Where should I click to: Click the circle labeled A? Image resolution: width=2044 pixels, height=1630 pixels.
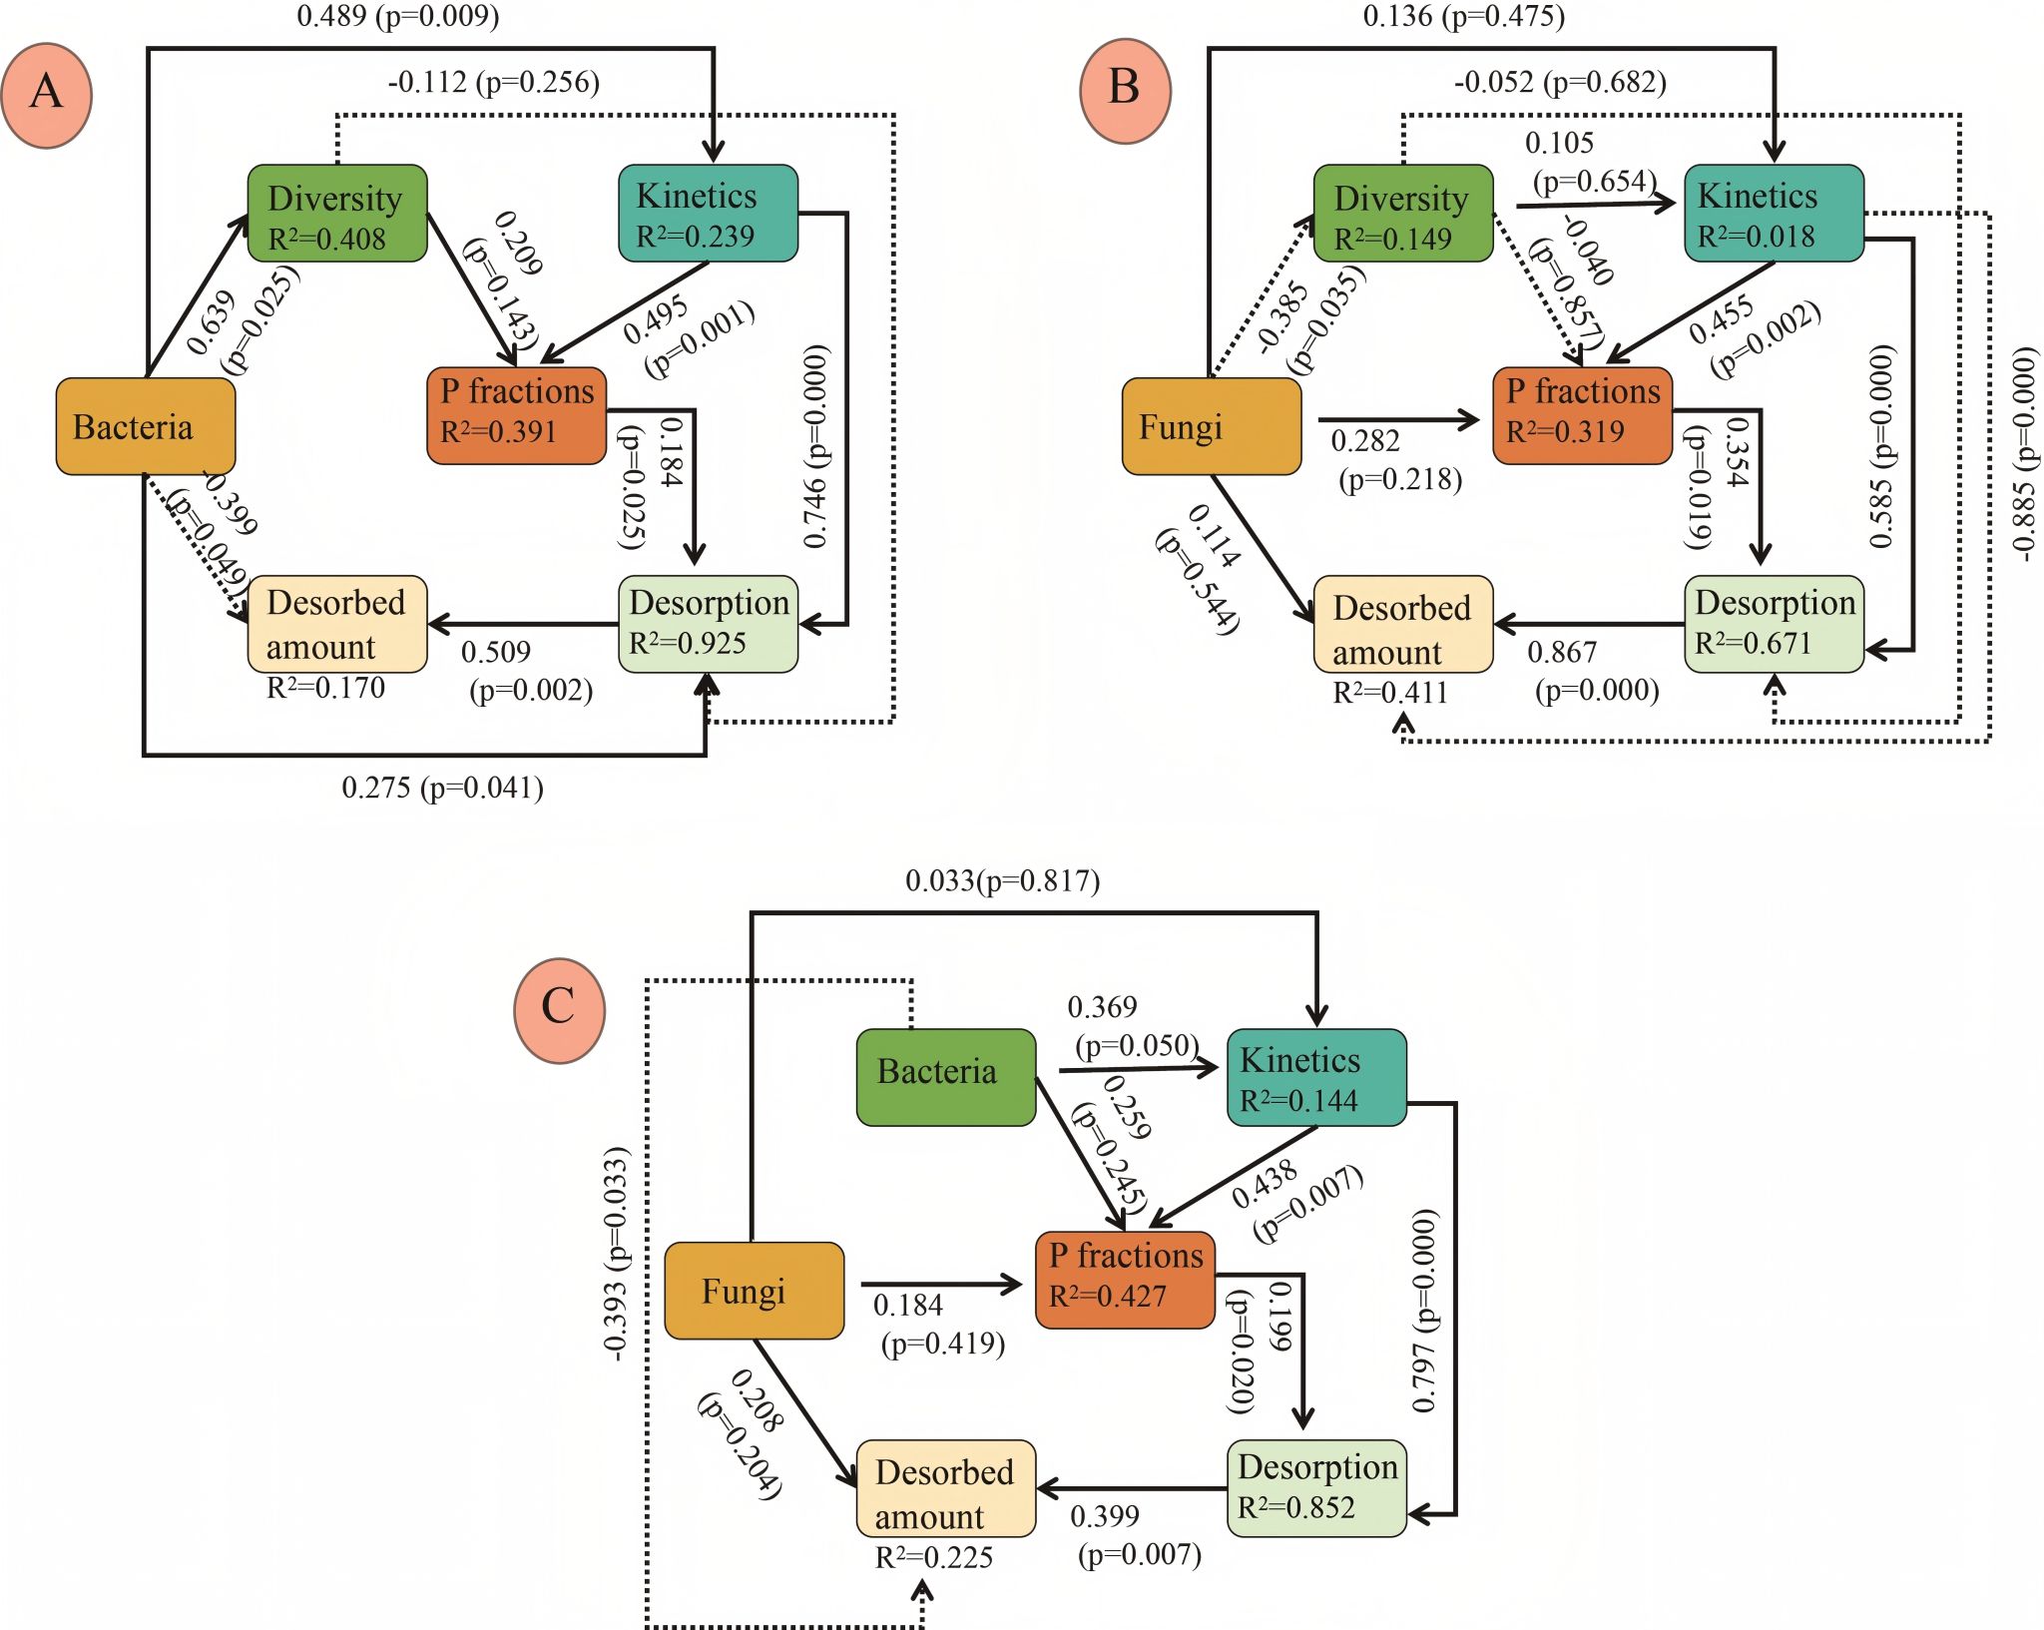(x=47, y=95)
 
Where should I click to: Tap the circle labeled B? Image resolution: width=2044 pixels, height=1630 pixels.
(x=1125, y=90)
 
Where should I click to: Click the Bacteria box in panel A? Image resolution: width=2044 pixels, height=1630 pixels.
(x=146, y=426)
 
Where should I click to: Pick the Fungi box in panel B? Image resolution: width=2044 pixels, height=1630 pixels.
(x=1212, y=426)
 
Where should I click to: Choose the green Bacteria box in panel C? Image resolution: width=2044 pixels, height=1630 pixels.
(x=946, y=1077)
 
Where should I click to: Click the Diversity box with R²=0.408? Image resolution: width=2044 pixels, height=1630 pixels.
(x=337, y=214)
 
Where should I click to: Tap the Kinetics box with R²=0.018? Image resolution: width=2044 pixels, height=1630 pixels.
(x=1774, y=214)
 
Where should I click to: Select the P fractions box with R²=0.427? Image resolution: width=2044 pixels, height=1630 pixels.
(x=1125, y=1280)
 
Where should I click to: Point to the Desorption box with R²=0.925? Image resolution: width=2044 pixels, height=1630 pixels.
(x=708, y=624)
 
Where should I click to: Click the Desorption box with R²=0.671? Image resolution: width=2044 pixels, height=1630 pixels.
(x=1774, y=624)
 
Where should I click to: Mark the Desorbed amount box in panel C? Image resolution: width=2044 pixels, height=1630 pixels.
(x=946, y=1487)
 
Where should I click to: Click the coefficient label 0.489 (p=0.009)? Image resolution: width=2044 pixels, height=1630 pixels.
(x=398, y=16)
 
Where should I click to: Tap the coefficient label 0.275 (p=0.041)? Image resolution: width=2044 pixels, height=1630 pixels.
(x=442, y=789)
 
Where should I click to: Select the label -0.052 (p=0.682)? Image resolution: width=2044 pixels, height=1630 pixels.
(x=1560, y=82)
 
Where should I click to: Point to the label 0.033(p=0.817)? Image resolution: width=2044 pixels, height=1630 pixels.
(x=1002, y=881)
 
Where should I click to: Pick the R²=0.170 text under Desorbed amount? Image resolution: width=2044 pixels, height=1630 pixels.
(x=325, y=688)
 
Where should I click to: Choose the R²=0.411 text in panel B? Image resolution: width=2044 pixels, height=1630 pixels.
(x=1390, y=693)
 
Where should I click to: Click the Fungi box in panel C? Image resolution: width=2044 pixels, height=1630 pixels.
(x=755, y=1291)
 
